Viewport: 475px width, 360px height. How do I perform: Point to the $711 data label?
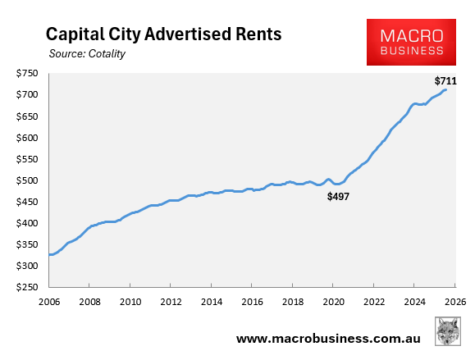point(445,80)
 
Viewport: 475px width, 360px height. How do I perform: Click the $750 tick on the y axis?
point(30,74)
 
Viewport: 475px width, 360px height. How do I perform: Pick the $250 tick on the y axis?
point(30,288)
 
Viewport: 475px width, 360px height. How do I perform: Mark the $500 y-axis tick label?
point(30,180)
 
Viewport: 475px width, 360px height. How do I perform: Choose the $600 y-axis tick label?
point(30,138)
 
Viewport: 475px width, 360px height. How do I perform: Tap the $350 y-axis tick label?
point(30,245)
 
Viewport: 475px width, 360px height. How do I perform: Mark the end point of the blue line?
point(445,90)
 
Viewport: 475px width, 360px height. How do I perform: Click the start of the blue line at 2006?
point(50,254)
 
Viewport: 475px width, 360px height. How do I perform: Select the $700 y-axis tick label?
point(30,95)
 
